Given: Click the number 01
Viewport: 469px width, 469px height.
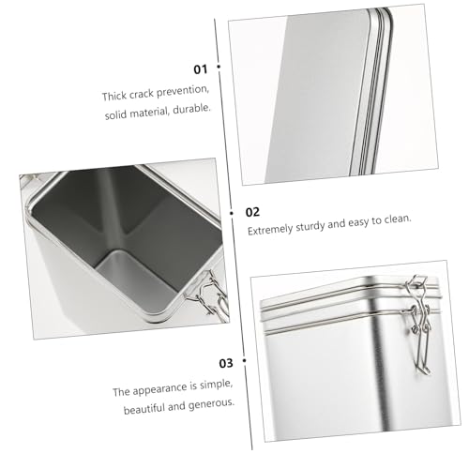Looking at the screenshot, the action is tap(201, 69).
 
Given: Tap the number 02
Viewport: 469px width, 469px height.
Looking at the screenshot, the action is tap(252, 212).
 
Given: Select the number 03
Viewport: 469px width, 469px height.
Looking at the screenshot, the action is tap(226, 363).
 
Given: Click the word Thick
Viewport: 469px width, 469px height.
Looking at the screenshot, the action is tap(114, 96).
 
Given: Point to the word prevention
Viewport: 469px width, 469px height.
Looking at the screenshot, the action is tap(182, 91).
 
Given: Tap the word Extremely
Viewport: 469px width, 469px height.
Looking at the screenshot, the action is tap(270, 230).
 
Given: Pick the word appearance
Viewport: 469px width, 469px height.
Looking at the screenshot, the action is tap(160, 388).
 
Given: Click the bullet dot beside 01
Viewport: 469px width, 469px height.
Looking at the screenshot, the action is tap(219, 67).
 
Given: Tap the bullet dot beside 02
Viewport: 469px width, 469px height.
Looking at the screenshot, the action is tap(232, 213).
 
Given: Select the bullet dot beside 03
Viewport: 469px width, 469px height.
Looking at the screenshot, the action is tap(244, 360).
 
